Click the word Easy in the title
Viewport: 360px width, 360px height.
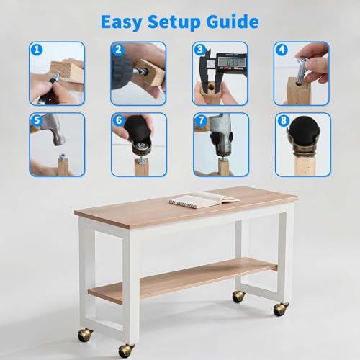tap(122, 22)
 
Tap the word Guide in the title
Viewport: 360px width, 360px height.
tap(233, 22)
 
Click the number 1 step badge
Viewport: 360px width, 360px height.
tap(37, 50)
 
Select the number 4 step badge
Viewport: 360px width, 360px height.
tap(282, 50)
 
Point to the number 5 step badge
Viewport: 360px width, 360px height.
tap(37, 120)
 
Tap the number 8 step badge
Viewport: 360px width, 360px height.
tap(284, 120)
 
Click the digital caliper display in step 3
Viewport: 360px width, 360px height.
tap(231, 62)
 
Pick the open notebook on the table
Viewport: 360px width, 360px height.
tap(204, 199)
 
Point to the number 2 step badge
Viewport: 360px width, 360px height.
tap(118, 50)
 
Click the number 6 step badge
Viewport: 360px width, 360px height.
tap(119, 120)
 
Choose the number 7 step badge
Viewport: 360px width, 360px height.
tap(201, 120)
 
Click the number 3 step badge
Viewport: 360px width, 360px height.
tap(199, 50)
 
